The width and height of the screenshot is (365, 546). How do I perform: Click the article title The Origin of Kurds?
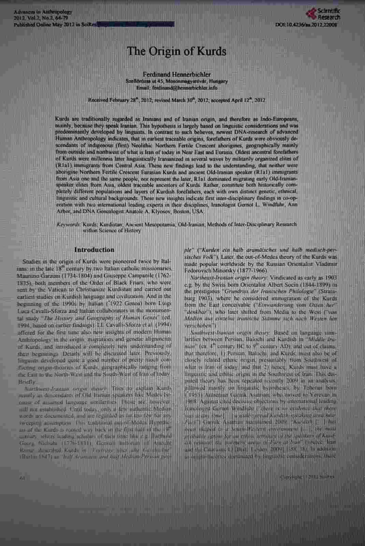click(177, 52)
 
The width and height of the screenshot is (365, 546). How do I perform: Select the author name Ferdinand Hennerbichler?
click(177, 74)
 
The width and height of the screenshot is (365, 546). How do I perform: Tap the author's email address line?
click(177, 88)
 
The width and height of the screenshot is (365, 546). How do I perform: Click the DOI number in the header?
click(306, 25)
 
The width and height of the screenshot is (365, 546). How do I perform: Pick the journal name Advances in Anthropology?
click(43, 12)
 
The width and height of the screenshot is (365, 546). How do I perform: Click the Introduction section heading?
click(94, 250)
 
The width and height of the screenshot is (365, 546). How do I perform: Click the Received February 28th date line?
click(177, 100)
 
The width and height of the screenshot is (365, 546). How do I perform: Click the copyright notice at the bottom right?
click(307, 477)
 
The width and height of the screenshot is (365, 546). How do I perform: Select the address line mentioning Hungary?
click(177, 82)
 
